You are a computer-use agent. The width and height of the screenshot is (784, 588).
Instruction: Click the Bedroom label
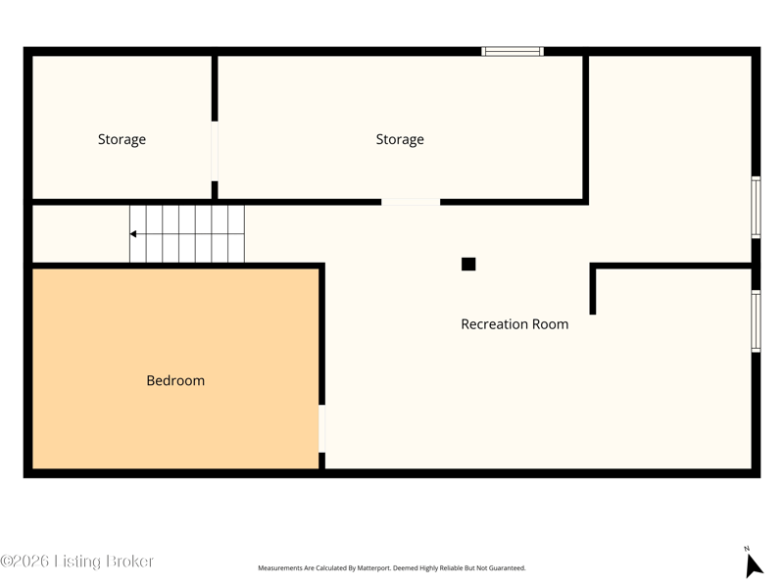pyautogui.click(x=175, y=380)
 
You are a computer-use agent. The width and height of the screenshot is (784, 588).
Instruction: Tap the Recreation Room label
pyautogui.click(x=514, y=324)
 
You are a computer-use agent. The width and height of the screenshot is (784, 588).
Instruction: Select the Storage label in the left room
pyautogui.click(x=122, y=139)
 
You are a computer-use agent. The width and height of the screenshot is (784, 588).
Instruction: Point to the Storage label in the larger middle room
pyautogui.click(x=400, y=139)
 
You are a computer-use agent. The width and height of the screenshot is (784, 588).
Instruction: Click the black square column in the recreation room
pyautogui.click(x=468, y=264)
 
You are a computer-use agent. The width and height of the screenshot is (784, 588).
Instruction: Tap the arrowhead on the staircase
pyautogui.click(x=133, y=234)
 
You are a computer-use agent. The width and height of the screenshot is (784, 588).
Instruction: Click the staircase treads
pyautogui.click(x=187, y=234)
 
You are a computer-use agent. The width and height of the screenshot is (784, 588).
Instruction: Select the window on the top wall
pyautogui.click(x=513, y=51)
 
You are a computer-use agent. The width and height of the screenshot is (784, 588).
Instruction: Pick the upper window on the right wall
pyautogui.click(x=756, y=208)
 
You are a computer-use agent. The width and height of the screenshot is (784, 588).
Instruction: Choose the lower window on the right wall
pyautogui.click(x=756, y=321)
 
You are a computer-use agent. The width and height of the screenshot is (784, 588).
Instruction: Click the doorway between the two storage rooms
pyautogui.click(x=215, y=151)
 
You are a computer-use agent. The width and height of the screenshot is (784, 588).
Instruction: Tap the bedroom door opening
pyautogui.click(x=322, y=428)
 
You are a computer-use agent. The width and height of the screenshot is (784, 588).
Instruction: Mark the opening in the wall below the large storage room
pyautogui.click(x=411, y=202)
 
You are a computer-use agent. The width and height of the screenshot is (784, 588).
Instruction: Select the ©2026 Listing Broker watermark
pyautogui.click(x=76, y=561)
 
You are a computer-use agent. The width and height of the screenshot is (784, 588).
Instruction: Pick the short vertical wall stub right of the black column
pyautogui.click(x=593, y=289)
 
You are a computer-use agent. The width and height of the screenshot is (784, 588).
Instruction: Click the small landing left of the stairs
pyautogui.click(x=81, y=234)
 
